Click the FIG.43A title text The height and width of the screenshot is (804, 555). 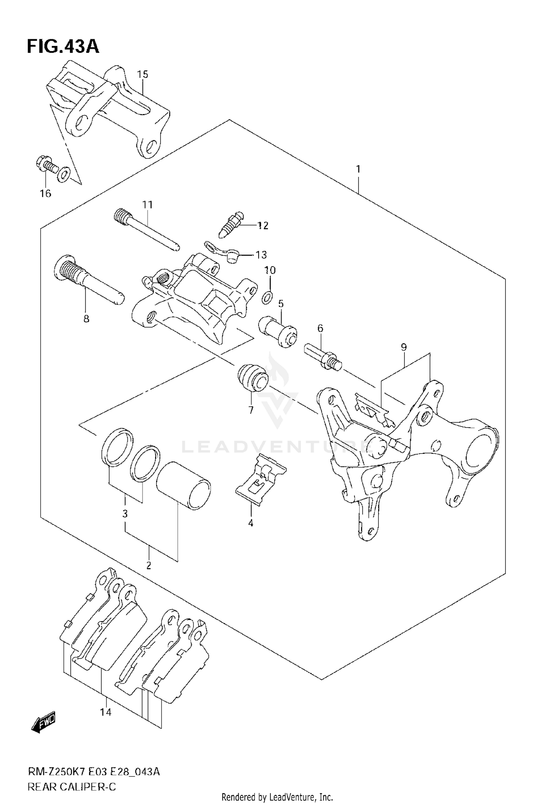63,47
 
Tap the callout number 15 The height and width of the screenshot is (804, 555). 142,74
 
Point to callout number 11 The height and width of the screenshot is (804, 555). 148,205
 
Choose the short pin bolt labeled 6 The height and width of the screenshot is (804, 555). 323,356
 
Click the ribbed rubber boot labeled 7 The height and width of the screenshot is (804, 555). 252,378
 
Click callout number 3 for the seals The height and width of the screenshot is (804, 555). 125,513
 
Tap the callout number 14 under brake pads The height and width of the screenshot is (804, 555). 105,712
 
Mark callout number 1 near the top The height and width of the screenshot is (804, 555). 358,169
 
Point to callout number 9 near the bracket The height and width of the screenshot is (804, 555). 404,347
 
